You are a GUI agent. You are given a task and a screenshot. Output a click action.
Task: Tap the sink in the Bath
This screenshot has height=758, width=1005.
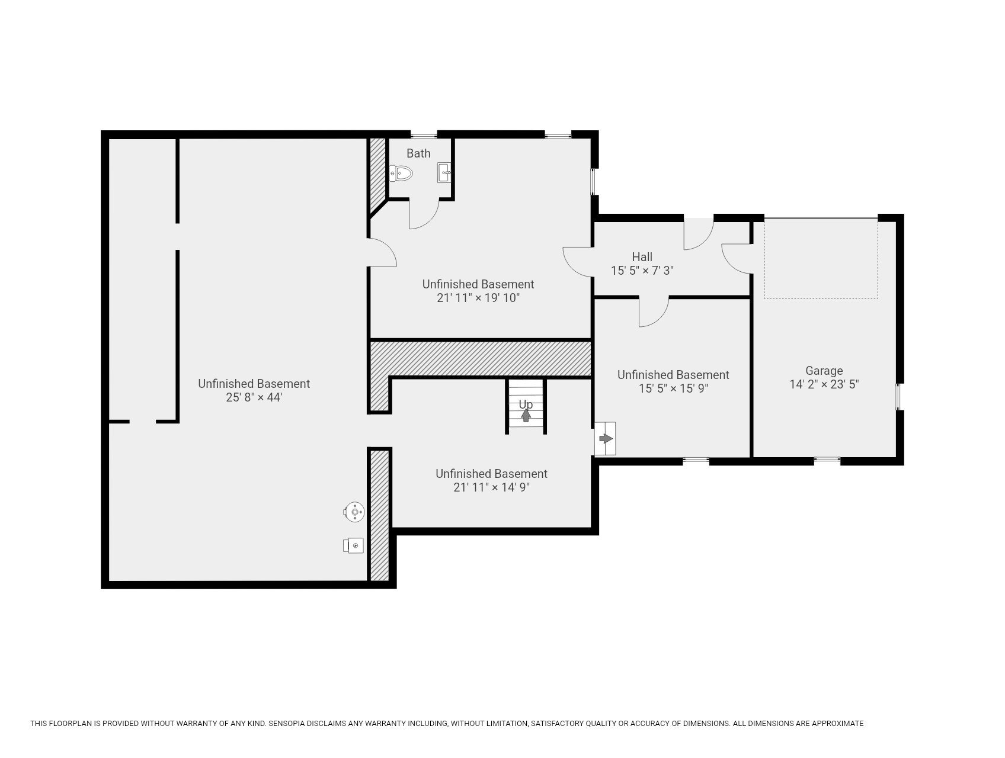(x=445, y=174)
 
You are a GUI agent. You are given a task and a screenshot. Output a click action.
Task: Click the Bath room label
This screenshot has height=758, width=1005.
(x=418, y=153)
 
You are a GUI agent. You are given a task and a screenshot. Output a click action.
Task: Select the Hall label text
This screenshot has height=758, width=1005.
(x=642, y=257)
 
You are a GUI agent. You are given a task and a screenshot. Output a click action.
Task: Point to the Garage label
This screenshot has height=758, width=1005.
(x=824, y=371)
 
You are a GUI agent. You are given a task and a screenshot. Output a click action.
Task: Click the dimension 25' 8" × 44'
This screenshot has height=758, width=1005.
(x=254, y=397)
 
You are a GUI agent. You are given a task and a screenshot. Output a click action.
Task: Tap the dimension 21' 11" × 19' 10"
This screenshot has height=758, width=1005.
(x=478, y=298)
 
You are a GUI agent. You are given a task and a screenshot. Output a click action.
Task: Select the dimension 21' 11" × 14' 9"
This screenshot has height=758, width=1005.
(x=491, y=487)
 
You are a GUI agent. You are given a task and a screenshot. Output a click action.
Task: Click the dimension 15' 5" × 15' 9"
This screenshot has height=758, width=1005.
(x=673, y=388)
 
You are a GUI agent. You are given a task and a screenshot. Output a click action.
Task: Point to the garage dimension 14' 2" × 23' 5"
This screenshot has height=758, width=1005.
(x=824, y=384)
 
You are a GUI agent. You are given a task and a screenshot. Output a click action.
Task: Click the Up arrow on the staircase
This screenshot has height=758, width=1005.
(x=526, y=415)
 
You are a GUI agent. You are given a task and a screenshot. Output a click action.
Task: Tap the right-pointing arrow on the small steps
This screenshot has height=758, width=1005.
(x=605, y=439)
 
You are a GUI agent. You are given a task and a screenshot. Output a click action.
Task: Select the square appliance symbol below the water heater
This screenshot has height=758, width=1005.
(x=353, y=545)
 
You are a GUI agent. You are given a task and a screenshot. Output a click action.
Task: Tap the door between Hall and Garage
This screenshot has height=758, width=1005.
(x=735, y=259)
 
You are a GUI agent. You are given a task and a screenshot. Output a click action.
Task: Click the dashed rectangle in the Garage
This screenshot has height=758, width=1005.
(x=821, y=258)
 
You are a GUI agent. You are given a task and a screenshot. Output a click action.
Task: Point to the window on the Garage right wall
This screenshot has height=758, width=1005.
(x=899, y=397)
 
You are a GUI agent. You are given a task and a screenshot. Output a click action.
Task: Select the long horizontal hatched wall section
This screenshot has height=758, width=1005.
(x=481, y=359)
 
